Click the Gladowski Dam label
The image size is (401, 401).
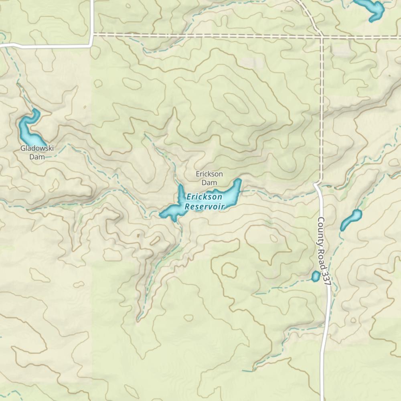coord(37,152)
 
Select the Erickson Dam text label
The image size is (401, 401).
coord(209,178)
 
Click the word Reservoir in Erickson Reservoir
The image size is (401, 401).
coord(204,207)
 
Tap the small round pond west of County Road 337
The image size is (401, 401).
coord(316,276)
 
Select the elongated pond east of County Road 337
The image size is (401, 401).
coord(350,220)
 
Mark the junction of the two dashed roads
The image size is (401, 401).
coord(322,36)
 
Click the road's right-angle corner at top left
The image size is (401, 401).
coord(92,45)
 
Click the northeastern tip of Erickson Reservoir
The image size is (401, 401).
coord(239,181)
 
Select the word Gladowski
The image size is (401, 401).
coord(37,148)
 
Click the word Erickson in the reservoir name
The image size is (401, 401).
coord(204,197)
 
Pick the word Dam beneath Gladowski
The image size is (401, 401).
coord(37,157)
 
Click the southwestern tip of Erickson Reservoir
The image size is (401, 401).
coord(162,215)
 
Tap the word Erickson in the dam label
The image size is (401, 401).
coord(209,174)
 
